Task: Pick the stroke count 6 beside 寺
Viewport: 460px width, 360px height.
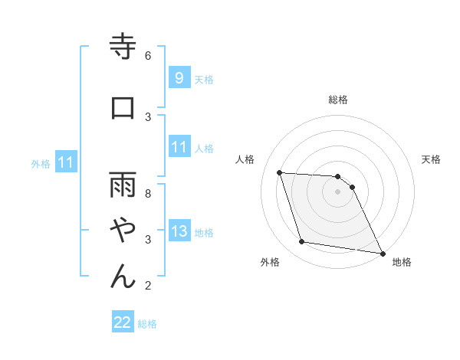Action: pos(148,55)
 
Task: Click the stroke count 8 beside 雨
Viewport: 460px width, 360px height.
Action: pos(148,193)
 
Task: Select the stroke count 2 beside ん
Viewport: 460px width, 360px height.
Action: pos(148,286)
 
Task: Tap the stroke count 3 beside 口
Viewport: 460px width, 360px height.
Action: pos(148,116)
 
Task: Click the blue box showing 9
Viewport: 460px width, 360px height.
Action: pos(179,78)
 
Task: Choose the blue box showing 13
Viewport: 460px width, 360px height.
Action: pos(179,232)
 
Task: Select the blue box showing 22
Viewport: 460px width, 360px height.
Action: pos(123,323)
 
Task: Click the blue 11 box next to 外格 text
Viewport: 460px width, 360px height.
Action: pos(66,162)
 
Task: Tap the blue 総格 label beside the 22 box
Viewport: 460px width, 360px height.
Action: pos(147,324)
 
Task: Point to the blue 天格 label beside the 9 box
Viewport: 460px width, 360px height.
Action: pos(204,79)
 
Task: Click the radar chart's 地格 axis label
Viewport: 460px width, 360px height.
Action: pos(402,262)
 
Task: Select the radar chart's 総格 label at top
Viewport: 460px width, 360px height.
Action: pos(338,100)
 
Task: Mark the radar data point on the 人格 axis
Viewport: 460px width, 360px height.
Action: pos(280,172)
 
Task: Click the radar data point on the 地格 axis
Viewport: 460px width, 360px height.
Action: pos(382,253)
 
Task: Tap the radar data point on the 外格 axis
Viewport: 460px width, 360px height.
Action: pos(302,243)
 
